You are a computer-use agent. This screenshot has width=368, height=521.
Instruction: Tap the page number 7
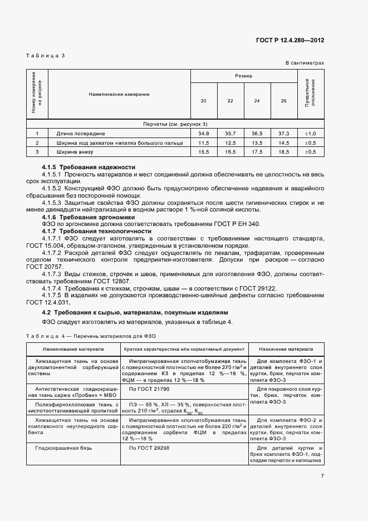322,475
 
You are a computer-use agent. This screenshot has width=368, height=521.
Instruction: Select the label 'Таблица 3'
46,56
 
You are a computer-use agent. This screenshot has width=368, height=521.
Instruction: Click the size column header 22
230,100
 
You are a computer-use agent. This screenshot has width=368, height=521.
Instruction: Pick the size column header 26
284,100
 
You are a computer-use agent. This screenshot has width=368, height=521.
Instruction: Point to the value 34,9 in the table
203,134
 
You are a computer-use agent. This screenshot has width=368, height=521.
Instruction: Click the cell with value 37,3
284,134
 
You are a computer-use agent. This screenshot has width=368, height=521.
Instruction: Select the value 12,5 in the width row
230,142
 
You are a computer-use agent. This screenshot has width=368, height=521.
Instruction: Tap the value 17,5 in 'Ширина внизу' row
257,151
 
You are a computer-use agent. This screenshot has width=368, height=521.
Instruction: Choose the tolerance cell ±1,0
310,134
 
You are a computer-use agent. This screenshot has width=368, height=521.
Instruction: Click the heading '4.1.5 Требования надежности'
89,167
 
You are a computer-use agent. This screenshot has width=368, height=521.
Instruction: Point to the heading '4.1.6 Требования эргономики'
89,217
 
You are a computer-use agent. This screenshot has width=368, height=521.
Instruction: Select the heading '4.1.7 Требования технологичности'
96,230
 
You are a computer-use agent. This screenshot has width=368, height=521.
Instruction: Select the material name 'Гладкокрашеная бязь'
62,448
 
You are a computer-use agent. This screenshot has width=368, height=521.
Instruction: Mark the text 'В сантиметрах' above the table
305,63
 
